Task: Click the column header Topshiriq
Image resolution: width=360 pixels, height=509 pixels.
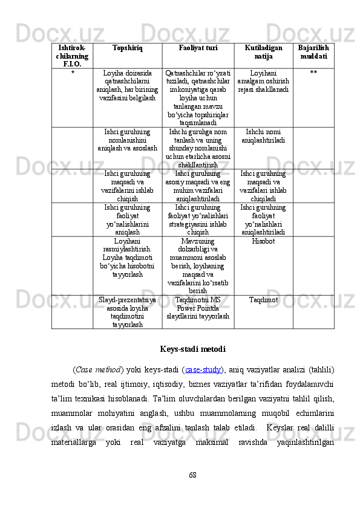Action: click(x=127, y=47)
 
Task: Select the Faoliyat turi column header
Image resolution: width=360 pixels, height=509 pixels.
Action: click(x=199, y=47)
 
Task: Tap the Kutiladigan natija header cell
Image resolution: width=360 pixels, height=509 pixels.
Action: click(x=263, y=51)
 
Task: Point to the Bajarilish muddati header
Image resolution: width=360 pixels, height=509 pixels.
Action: click(x=313, y=51)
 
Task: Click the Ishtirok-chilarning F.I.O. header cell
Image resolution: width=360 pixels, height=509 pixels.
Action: click(x=73, y=55)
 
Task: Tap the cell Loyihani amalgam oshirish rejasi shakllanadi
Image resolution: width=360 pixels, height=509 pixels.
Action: click(x=263, y=81)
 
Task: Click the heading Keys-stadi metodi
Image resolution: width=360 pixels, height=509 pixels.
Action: click(x=193, y=349)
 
